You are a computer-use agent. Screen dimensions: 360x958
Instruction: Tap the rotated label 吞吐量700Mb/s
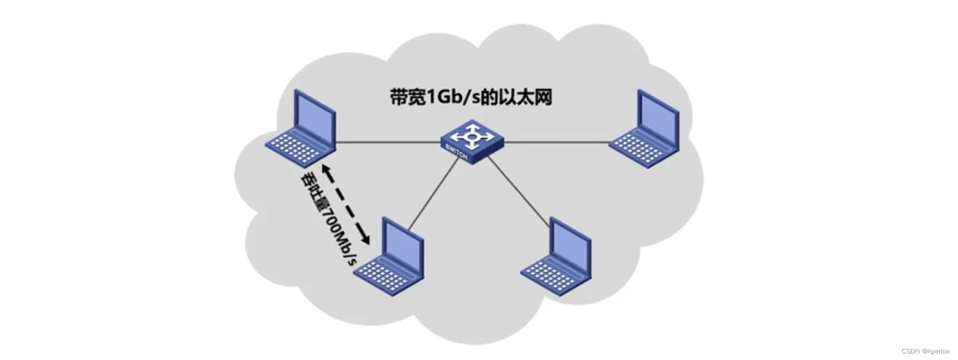coord(328,219)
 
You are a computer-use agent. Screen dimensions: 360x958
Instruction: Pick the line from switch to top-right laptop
coord(556,142)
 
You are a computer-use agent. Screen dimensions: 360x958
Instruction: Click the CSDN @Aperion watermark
coord(925,351)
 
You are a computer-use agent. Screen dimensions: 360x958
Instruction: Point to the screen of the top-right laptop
coord(657,118)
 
